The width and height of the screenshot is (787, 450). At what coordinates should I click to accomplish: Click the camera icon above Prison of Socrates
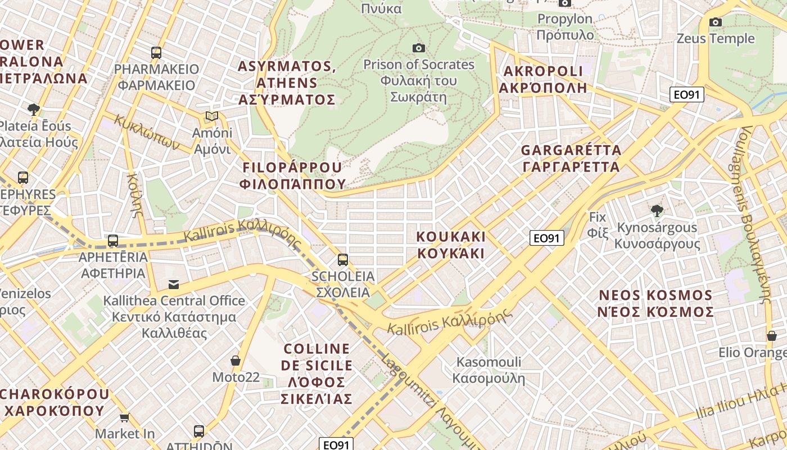click(x=418, y=48)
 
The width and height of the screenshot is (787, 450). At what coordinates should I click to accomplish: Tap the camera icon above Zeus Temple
click(x=715, y=22)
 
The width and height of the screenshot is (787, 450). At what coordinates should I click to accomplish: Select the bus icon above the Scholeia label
click(x=342, y=259)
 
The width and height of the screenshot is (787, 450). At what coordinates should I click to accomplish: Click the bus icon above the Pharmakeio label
click(x=156, y=53)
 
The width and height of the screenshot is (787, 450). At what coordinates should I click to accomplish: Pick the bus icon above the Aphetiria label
click(x=113, y=241)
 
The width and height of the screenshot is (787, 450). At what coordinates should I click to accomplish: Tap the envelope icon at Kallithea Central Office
click(x=173, y=284)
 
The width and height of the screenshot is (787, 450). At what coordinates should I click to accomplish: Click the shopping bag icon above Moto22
click(x=235, y=360)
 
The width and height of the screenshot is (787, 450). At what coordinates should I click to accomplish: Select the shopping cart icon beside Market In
click(x=124, y=417)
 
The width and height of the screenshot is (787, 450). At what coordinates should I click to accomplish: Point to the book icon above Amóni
click(x=211, y=116)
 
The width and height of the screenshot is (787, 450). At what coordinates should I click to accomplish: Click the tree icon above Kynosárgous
click(x=657, y=211)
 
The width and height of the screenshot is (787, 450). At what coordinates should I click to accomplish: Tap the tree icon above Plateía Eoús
click(x=34, y=109)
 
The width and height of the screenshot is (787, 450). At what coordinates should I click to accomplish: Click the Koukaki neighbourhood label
click(x=451, y=244)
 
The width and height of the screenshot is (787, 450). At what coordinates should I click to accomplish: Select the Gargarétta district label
click(x=571, y=159)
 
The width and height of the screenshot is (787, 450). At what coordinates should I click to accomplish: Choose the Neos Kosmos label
click(x=655, y=303)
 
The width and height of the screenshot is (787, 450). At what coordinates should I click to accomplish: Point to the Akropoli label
click(x=543, y=79)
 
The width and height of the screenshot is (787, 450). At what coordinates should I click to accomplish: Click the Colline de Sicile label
click(x=317, y=373)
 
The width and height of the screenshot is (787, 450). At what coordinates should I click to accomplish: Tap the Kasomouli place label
click(x=489, y=370)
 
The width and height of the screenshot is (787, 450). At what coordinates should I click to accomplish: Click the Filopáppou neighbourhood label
click(x=292, y=175)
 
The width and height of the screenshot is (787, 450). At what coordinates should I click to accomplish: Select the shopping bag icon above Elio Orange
click(x=771, y=336)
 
